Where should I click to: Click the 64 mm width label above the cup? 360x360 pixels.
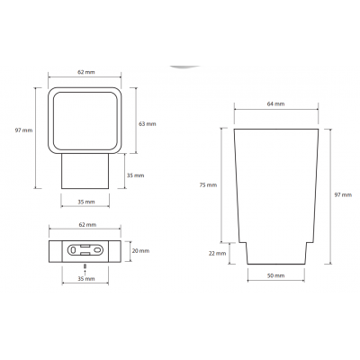coord(275,104)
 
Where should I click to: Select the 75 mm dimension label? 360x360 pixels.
coord(208,185)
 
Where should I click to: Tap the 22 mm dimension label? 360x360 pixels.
coord(217,254)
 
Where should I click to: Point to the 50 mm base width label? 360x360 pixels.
coord(275,275)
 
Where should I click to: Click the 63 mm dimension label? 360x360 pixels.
coord(148,123)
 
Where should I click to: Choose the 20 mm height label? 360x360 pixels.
coord(140,251)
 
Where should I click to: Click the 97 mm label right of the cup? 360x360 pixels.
coord(343,195)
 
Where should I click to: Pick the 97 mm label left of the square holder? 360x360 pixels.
coord(23,130)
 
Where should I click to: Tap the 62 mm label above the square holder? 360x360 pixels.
coord(86,72)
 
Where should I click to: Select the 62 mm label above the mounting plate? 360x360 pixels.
coord(87,224)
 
